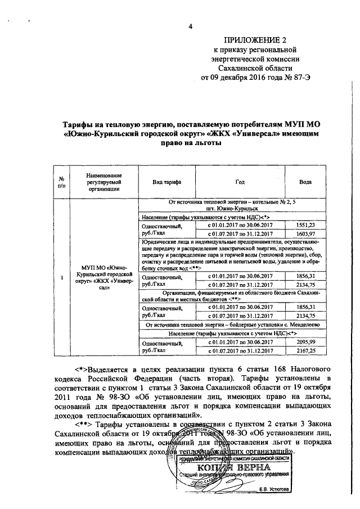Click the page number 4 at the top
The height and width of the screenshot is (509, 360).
(190, 26)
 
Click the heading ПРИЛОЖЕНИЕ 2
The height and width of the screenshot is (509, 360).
(255, 40)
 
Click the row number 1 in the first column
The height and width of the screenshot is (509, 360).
(61, 277)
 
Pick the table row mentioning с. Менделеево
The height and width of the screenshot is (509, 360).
(232, 325)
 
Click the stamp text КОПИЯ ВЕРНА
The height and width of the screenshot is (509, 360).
(230, 469)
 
